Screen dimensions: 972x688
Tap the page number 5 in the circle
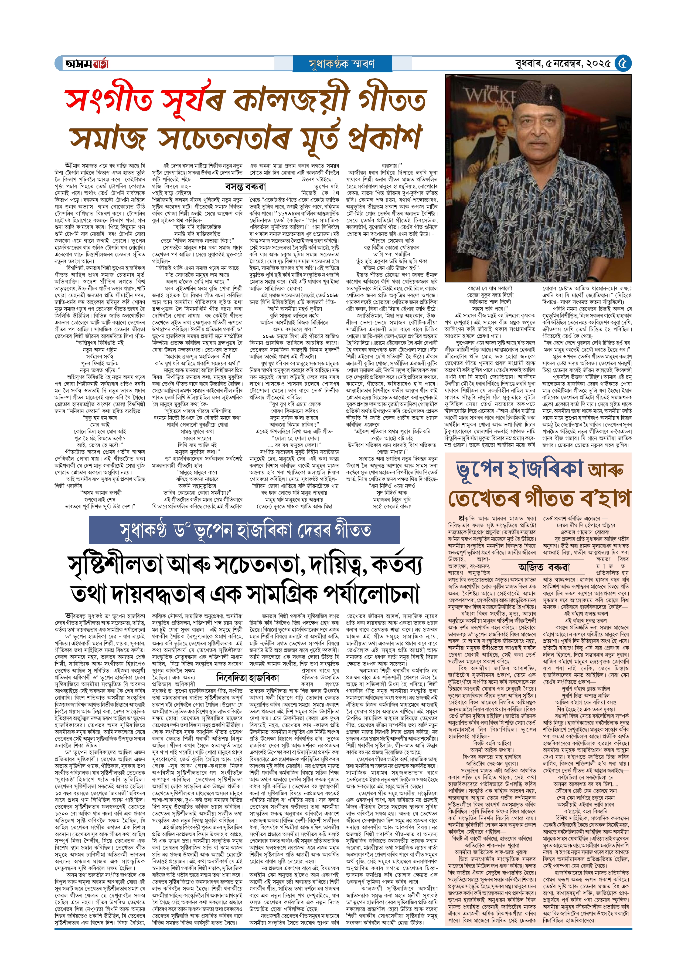tap(623, 63)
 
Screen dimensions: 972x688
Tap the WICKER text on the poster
tap(487, 95)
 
